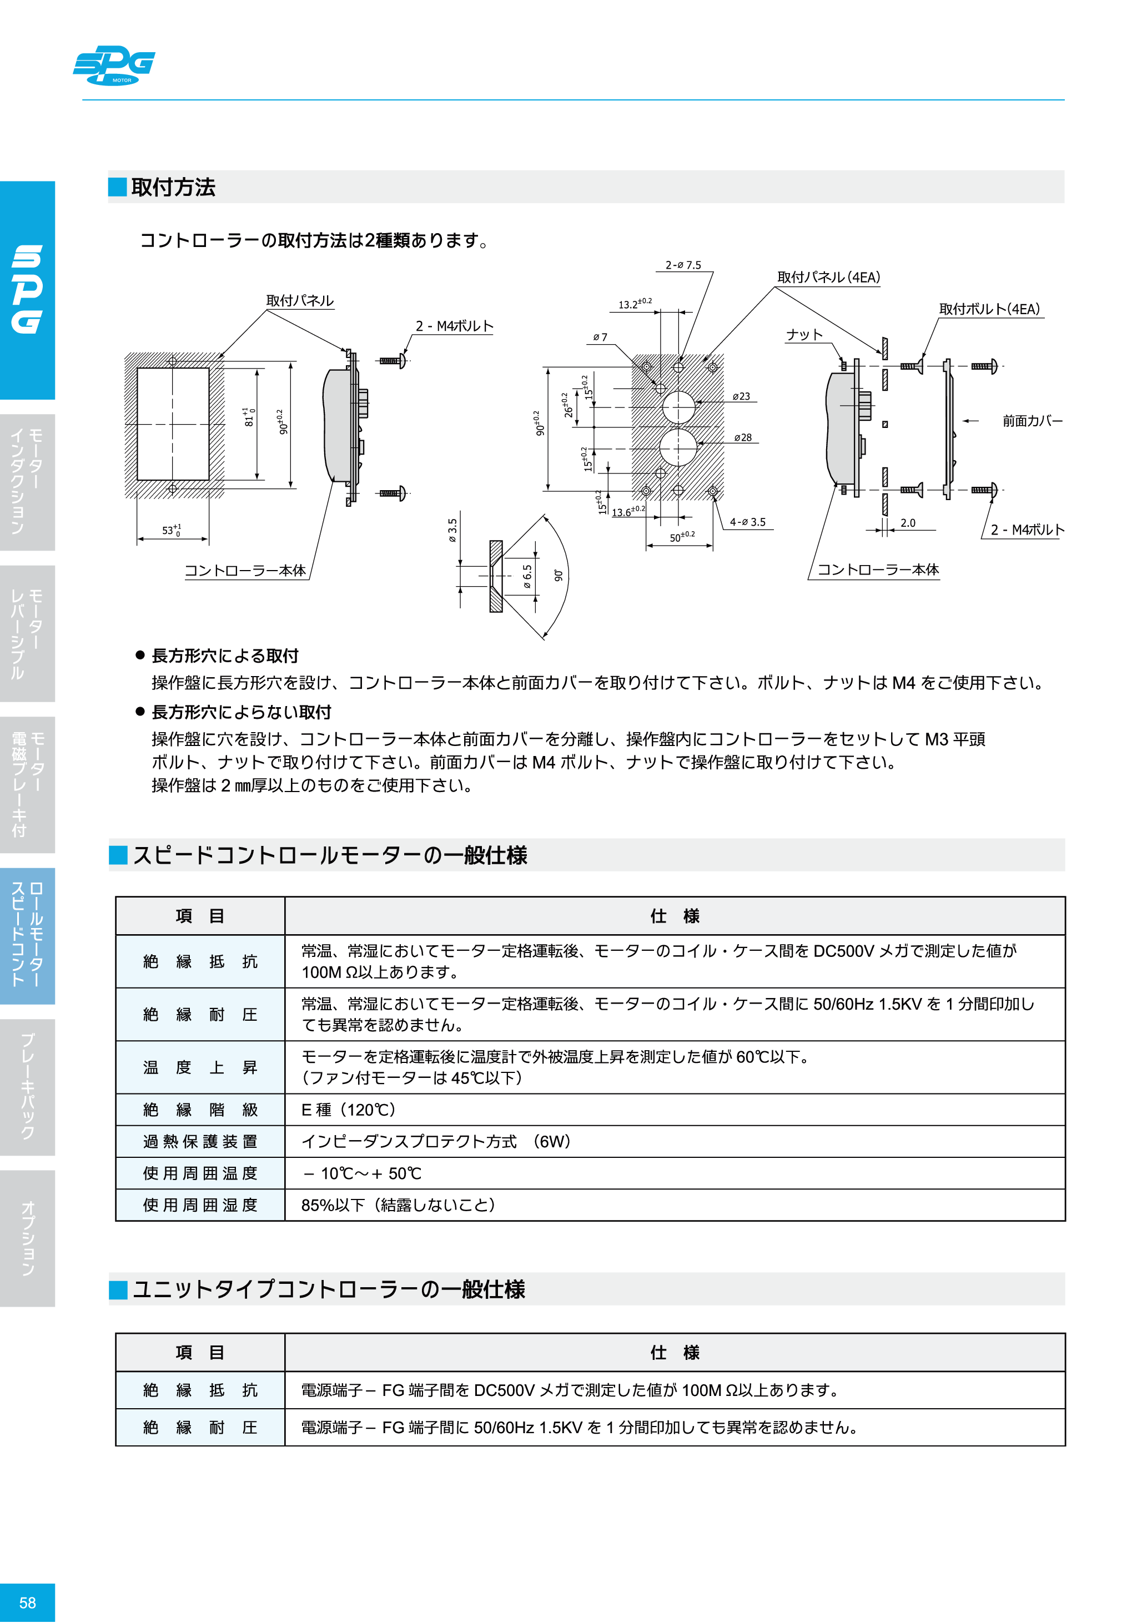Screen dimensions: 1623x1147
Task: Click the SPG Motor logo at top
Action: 114,65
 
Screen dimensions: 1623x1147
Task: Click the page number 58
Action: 27,1602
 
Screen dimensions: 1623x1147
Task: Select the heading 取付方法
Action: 173,187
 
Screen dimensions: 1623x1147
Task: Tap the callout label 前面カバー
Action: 1032,421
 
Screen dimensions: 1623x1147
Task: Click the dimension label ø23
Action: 741,396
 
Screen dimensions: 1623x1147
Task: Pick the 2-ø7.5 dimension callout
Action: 683,265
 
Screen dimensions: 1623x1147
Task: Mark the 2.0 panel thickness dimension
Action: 907,523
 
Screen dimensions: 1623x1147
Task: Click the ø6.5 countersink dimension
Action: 527,576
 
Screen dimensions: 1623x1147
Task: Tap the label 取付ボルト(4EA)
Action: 989,309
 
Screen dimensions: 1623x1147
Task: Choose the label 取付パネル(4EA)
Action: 828,277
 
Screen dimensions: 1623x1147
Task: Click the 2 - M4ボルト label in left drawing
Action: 454,326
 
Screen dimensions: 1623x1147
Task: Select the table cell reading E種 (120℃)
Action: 349,1109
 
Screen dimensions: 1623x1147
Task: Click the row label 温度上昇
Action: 200,1067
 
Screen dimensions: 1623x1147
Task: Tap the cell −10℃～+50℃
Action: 362,1173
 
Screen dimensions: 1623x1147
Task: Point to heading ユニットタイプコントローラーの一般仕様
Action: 329,1289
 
